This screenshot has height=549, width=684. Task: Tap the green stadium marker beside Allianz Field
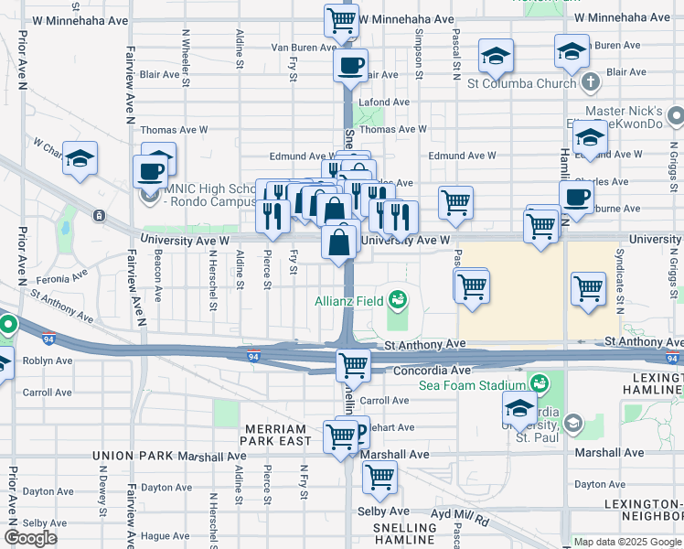pos(396,299)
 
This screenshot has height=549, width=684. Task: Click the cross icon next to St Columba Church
pos(591,83)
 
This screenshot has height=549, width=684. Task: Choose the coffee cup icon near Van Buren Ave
pos(350,65)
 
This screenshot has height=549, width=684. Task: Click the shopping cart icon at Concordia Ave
pos(353,365)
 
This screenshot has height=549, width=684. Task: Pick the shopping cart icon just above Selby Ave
pos(379,477)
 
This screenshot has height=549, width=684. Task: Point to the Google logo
pos(30,538)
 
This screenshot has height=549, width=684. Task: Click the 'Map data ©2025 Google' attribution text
pos(627,542)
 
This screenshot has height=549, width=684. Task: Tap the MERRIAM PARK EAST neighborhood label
pos(278,435)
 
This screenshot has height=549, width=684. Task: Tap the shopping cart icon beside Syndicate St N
pos(588,288)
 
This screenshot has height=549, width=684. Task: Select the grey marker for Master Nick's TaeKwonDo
pos(676,115)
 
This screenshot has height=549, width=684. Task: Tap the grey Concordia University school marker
pos(572,423)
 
